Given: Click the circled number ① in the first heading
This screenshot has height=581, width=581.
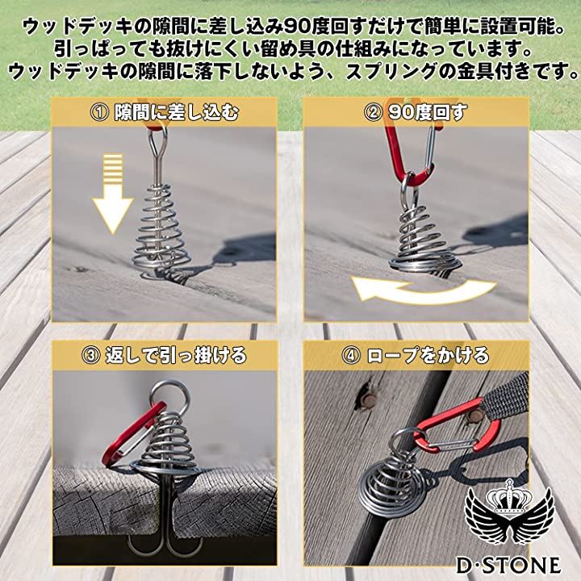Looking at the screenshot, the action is coord(99,113).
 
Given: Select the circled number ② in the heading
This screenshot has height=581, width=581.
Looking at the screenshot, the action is coord(373,113).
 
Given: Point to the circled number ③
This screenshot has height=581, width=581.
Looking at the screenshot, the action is coord(90,355).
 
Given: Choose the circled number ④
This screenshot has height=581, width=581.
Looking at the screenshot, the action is coord(350,355).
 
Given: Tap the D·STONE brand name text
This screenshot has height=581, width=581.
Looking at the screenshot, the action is coord(508,565).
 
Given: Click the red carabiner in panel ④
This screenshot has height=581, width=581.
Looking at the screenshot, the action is coord(458,426).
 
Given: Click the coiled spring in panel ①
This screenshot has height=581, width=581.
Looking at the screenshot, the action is coord(160,237).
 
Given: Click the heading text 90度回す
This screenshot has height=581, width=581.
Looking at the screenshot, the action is coord(427,113).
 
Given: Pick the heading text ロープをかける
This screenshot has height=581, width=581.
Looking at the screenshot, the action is coord(428,355).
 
